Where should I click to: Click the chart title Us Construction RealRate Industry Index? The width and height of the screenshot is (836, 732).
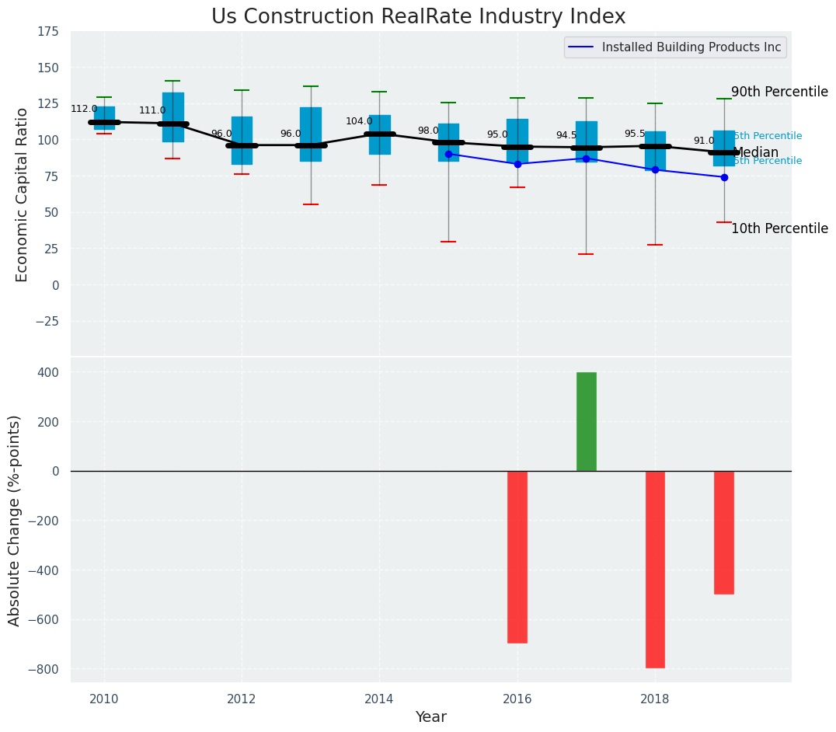tap(418, 17)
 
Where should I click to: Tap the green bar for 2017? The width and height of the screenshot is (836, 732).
tap(587, 421)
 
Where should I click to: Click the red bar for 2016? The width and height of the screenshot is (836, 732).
tap(517, 556)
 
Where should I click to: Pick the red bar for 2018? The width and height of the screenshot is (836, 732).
tap(655, 569)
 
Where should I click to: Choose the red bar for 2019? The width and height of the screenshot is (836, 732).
tap(724, 532)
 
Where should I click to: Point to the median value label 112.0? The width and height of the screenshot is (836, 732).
tap(84, 110)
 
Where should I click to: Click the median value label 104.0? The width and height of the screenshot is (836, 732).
tap(359, 122)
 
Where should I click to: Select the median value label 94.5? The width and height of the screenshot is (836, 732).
tap(567, 136)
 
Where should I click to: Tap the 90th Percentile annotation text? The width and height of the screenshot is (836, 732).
tap(779, 92)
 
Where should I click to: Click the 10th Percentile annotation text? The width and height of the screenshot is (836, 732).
tap(779, 228)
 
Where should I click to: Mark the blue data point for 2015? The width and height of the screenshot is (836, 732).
tap(448, 154)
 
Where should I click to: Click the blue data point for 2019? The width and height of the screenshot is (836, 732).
tap(724, 177)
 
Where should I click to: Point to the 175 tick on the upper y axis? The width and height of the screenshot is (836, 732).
tap(47, 31)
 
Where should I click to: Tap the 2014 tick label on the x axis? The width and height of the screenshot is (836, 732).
tap(379, 699)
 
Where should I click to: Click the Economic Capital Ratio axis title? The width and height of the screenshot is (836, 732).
tap(22, 194)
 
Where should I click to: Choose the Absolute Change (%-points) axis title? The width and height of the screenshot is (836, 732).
tap(15, 520)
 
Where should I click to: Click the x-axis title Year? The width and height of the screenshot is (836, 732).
tap(430, 717)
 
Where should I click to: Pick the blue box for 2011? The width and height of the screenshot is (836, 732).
tap(173, 117)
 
